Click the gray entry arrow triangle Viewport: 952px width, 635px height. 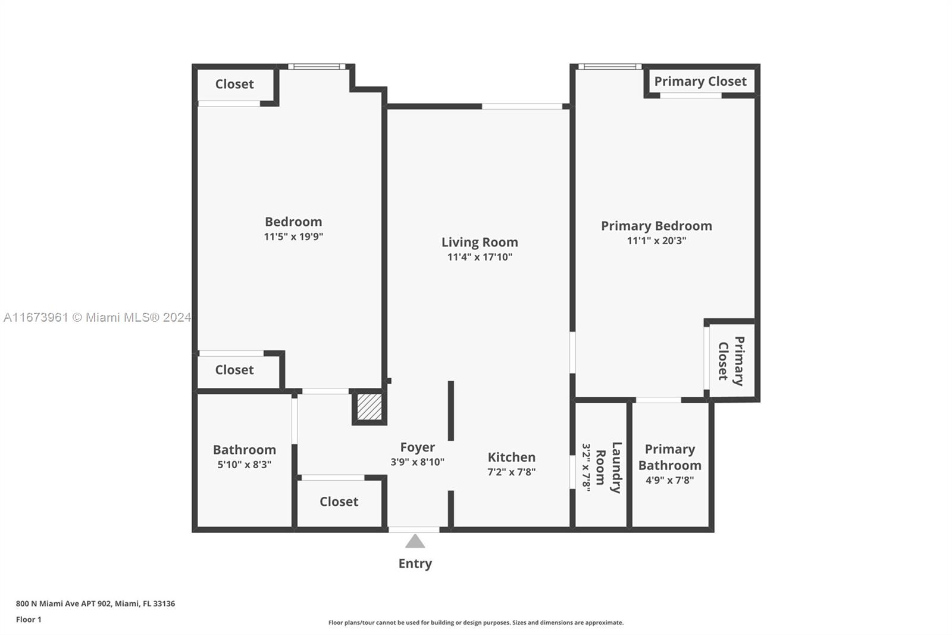point(415,541)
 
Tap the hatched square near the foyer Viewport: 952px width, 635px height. point(369,407)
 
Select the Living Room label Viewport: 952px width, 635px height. point(480,242)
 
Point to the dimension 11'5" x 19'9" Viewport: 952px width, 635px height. point(293,236)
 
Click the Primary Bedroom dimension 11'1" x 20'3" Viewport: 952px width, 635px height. point(657,241)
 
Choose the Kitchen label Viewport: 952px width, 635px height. point(511,457)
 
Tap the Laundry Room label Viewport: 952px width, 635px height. point(609,467)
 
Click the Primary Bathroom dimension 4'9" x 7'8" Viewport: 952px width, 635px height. point(670,481)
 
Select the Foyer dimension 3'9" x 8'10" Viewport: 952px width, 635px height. point(417,462)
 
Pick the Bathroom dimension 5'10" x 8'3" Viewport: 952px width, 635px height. point(245,465)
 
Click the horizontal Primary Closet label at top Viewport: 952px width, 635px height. point(700,81)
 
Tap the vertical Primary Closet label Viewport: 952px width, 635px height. point(731,361)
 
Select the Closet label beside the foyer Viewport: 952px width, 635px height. point(339,502)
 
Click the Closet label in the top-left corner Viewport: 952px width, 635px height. point(234,84)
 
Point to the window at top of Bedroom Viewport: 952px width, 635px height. point(317,66)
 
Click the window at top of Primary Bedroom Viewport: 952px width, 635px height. point(610,66)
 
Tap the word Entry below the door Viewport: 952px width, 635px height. point(415,564)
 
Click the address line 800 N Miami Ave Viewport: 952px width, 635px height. point(96,603)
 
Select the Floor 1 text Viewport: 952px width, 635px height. point(29,620)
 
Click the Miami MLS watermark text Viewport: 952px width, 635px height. point(98,317)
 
